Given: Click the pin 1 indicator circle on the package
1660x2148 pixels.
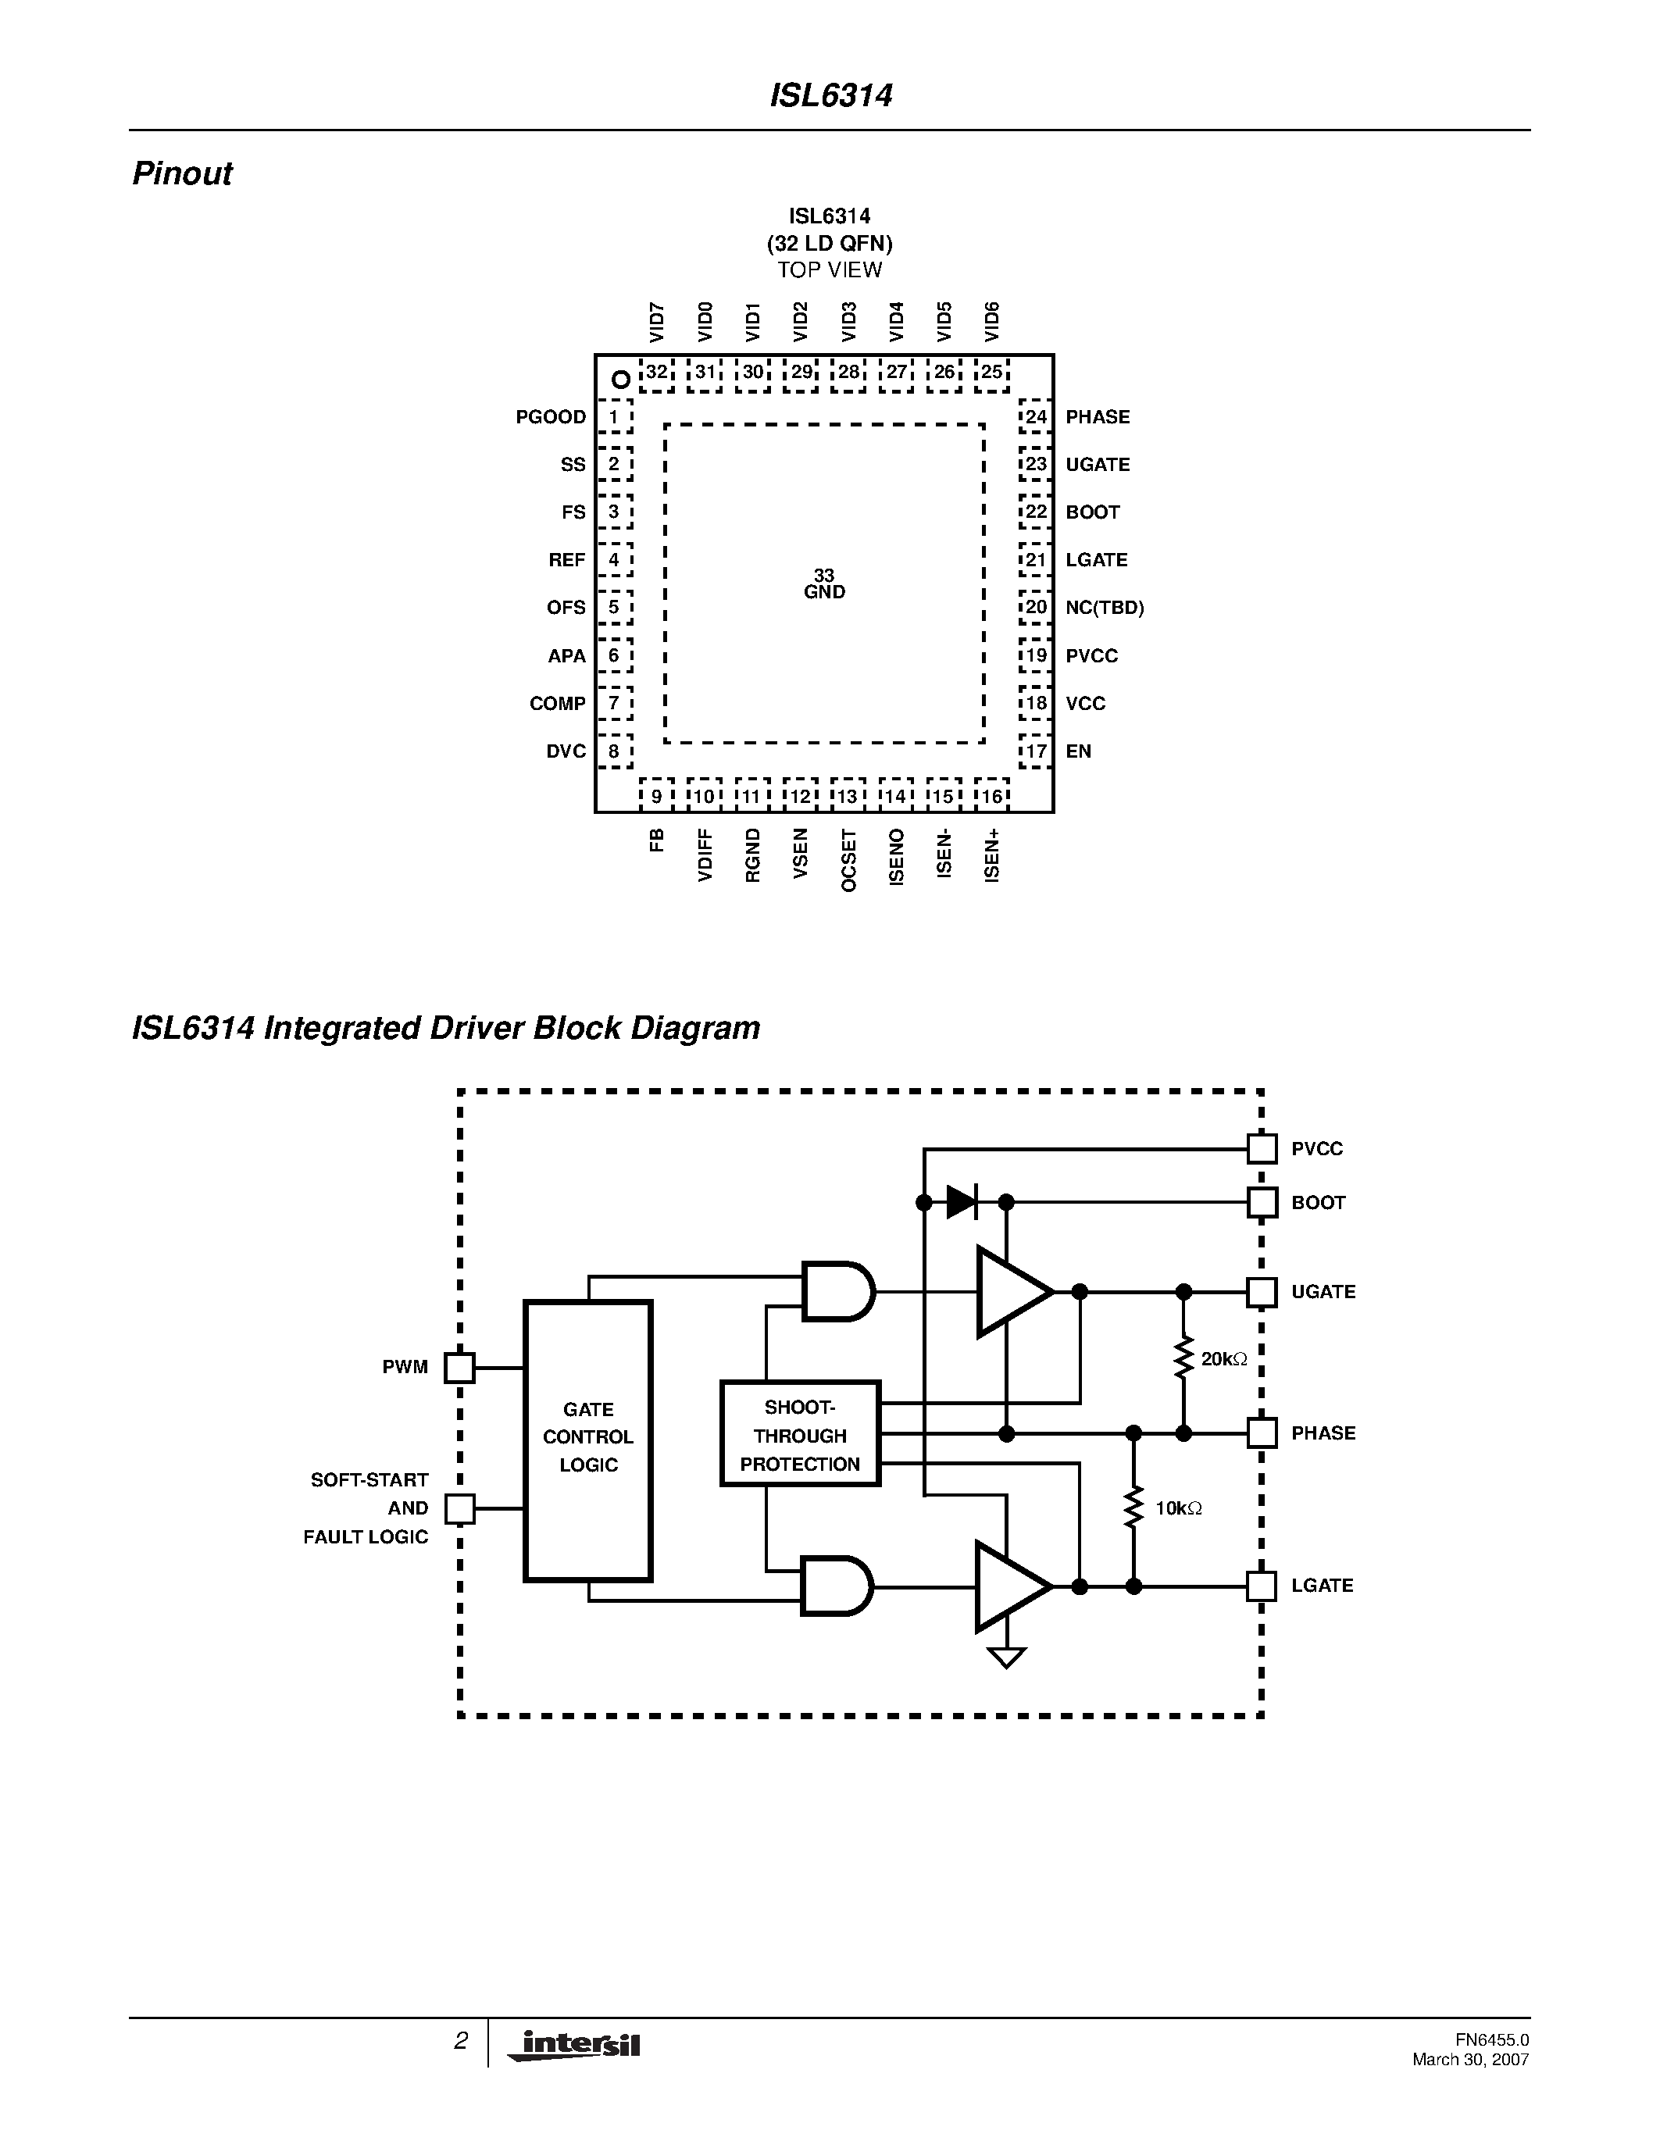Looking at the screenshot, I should click(x=620, y=379).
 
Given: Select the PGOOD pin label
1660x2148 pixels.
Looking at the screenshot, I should click(x=550, y=417).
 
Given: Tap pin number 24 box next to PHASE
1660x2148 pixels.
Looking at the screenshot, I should click(x=1036, y=417).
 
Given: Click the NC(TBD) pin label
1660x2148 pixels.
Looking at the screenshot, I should click(x=1105, y=608).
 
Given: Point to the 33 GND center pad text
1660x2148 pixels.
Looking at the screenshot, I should click(x=824, y=583).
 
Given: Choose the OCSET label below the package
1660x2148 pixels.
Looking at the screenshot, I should click(x=848, y=861).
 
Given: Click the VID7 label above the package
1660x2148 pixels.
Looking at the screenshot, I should click(x=657, y=323).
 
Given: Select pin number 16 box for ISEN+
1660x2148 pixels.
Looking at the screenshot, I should click(x=991, y=796).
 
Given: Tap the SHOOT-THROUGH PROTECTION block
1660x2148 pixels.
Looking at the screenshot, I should click(x=799, y=1436).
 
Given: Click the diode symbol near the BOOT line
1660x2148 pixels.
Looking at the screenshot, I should click(x=961, y=1202).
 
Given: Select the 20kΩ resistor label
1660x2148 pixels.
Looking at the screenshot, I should click(x=1223, y=1359).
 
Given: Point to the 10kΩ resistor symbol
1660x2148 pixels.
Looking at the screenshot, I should click(x=1133, y=1507).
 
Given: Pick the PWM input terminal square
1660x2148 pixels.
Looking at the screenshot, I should click(x=459, y=1367).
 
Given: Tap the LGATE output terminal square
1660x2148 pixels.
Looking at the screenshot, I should click(x=1261, y=1586).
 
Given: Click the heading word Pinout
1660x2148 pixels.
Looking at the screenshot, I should click(x=182, y=174).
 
